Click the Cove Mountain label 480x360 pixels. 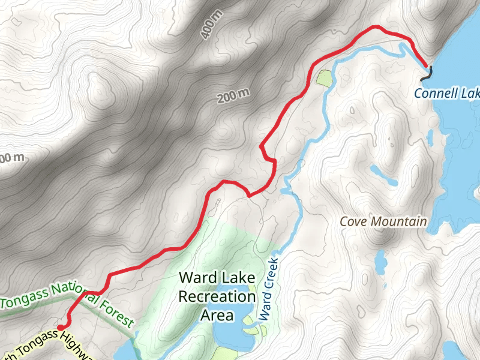coord(383,221)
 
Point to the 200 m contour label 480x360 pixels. coord(233,95)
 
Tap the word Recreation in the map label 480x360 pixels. coord(217,296)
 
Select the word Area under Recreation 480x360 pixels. coord(217,315)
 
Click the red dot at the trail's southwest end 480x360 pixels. coord(61,326)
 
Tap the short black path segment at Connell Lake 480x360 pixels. coord(427,74)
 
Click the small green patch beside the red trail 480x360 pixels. coord(323,77)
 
